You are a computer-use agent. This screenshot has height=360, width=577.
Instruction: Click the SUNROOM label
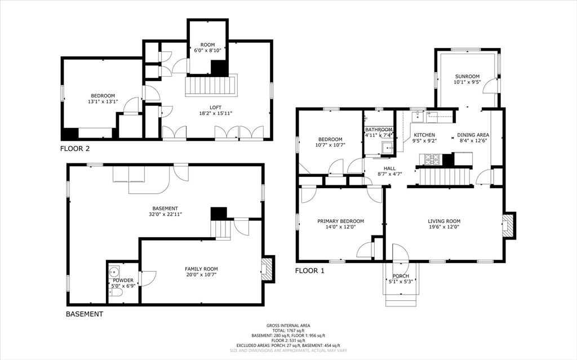(467, 77)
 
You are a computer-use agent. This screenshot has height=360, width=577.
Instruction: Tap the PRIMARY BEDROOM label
(340, 221)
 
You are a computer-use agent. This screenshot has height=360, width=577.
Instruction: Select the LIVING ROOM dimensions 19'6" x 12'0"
(444, 226)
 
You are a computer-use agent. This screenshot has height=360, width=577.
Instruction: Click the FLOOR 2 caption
(75, 149)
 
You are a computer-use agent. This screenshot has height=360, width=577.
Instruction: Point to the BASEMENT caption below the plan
(85, 314)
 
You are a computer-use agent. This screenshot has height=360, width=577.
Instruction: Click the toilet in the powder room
(116, 292)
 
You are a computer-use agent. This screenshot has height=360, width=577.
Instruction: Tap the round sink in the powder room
(114, 272)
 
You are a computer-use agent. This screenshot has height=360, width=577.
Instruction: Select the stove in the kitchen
(433, 160)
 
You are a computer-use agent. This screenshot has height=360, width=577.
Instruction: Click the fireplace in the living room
(508, 225)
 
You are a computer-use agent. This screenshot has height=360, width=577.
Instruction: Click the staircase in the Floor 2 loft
(211, 86)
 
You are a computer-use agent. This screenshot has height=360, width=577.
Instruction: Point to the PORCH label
(401, 276)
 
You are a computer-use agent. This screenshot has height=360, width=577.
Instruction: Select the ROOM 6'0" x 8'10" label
(207, 48)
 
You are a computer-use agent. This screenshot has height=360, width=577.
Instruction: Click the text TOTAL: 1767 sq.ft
(288, 331)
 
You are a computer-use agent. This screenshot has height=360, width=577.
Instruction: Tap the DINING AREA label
(473, 135)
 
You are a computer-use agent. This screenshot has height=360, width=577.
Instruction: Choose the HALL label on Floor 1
(389, 168)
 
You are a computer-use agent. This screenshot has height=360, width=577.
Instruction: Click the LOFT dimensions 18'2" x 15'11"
(216, 113)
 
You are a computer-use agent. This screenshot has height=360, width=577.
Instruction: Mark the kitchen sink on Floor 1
(418, 117)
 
